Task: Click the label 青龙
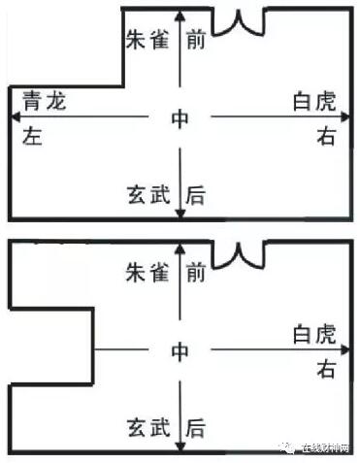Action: pyautogui.click(x=45, y=100)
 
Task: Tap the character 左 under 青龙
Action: pyautogui.click(x=33, y=138)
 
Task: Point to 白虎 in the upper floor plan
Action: pyautogui.click(x=312, y=100)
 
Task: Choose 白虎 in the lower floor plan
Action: pyautogui.click(x=312, y=335)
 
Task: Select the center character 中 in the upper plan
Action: pyautogui.click(x=180, y=118)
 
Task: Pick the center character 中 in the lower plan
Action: pyautogui.click(x=180, y=350)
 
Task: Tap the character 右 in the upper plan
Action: pyautogui.click(x=326, y=137)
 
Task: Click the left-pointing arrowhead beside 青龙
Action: pyautogui.click(x=14, y=117)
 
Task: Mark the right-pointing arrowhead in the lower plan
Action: pyautogui.click(x=346, y=348)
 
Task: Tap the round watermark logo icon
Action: pyautogui.click(x=288, y=447)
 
